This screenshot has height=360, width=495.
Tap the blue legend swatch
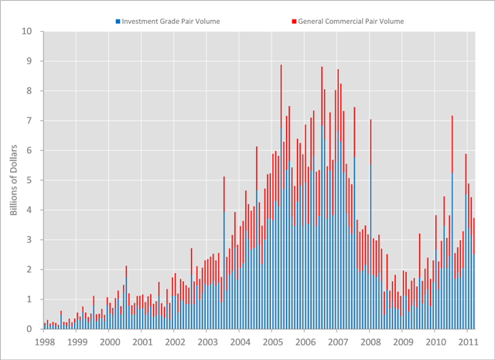point(117,21)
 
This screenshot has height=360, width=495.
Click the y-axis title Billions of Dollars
point(13,180)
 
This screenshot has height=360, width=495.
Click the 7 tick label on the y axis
point(29,121)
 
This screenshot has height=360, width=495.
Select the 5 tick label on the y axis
point(29,180)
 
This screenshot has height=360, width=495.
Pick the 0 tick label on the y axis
point(29,329)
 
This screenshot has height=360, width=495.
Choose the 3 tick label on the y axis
point(29,240)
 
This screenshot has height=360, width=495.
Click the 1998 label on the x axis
point(44,341)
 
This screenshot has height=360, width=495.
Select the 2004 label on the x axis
point(240,341)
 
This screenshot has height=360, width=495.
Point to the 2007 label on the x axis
point(338,341)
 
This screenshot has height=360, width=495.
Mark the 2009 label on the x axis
point(403,341)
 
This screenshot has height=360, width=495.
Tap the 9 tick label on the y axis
point(29,61)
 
